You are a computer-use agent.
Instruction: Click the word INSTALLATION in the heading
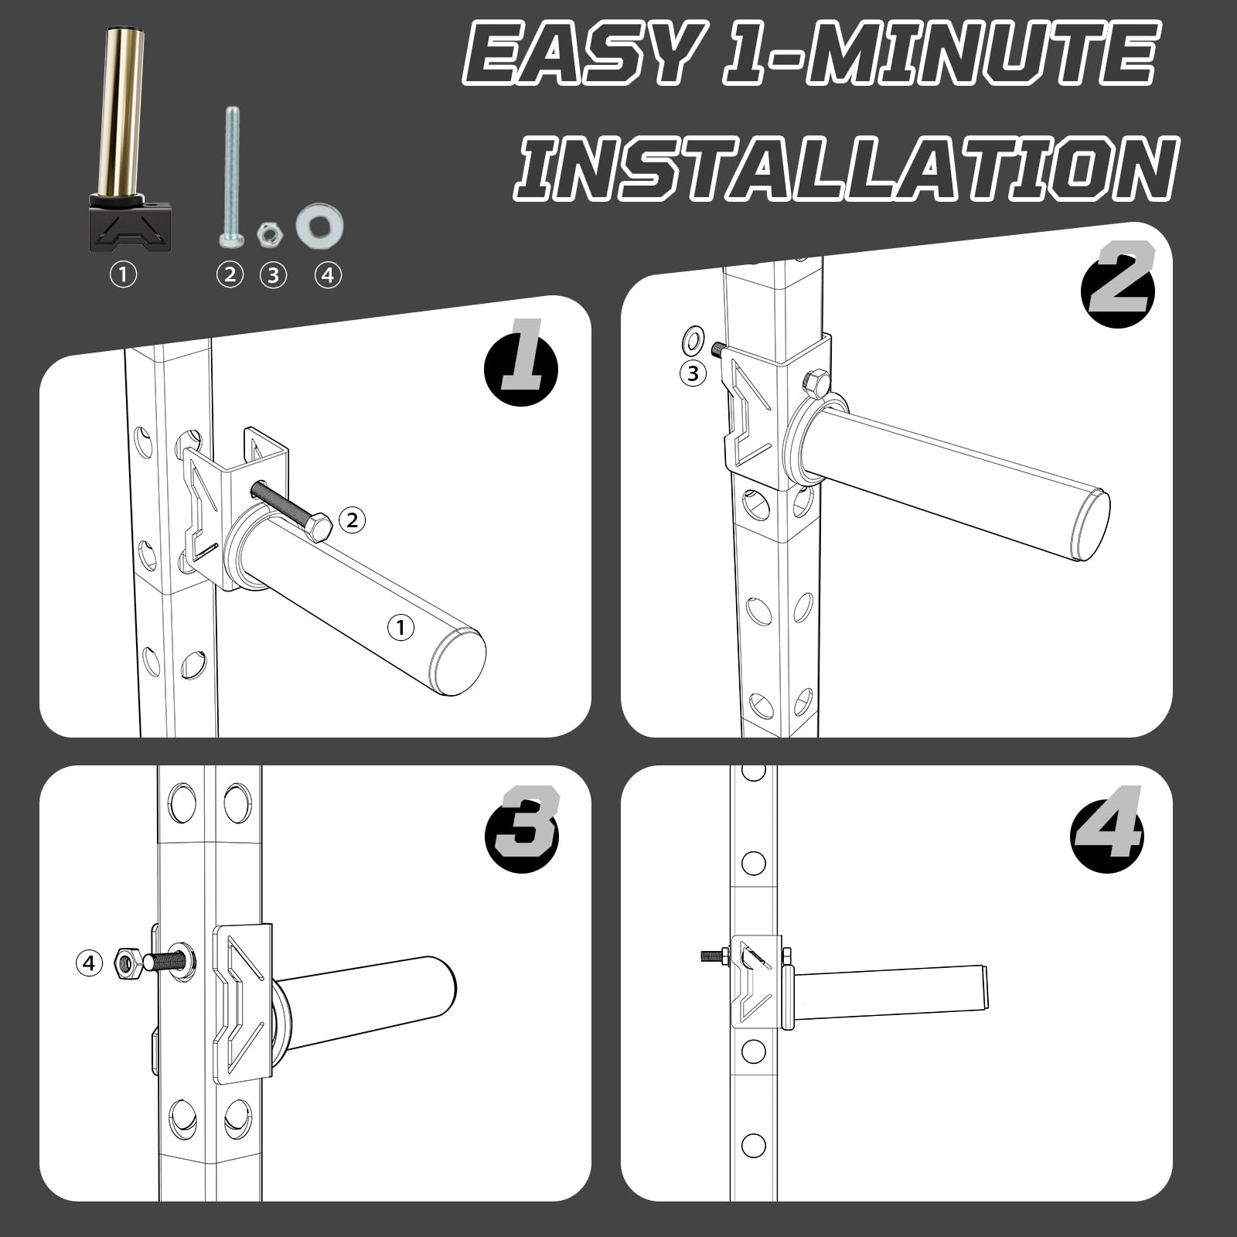[x=847, y=168]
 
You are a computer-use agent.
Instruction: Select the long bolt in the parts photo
[x=232, y=177]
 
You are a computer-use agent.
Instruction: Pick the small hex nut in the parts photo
[x=269, y=233]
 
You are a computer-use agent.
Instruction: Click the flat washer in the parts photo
[x=319, y=226]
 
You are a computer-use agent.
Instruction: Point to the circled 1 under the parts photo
[x=123, y=274]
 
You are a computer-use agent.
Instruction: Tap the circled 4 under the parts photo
[x=328, y=274]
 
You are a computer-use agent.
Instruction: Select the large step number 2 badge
[x=1118, y=278]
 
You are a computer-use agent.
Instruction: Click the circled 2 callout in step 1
[x=353, y=520]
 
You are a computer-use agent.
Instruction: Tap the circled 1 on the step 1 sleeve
[x=400, y=628]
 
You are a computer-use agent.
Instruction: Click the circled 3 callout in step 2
[x=693, y=374]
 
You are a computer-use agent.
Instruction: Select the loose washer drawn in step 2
[x=693, y=339]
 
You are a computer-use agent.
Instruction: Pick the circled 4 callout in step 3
[x=90, y=963]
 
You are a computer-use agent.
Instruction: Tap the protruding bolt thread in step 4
[x=713, y=956]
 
